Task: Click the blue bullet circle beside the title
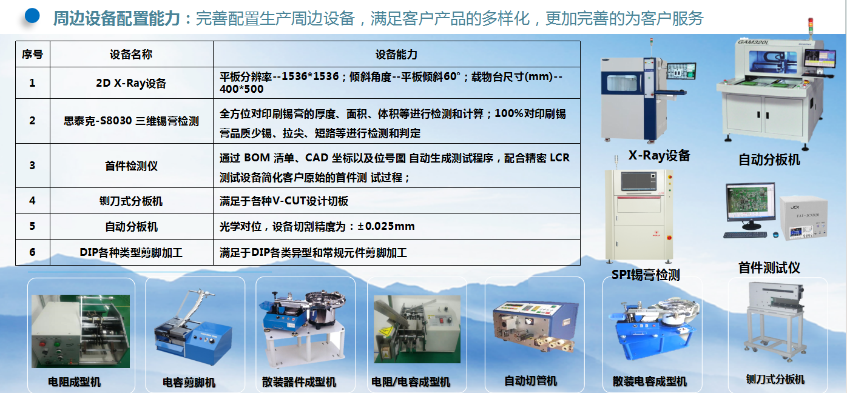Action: click(32, 16)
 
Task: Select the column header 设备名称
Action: click(131, 55)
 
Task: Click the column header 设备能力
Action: click(396, 55)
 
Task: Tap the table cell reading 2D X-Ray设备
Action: click(131, 83)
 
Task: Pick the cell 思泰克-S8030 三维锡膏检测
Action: click(131, 121)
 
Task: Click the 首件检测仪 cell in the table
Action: click(131, 166)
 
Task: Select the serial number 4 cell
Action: click(33, 201)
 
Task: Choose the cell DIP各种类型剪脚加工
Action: click(131, 252)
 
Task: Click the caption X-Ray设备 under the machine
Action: click(659, 155)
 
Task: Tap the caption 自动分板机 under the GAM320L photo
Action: click(769, 160)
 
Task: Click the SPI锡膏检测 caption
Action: click(646, 275)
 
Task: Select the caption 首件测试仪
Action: click(769, 267)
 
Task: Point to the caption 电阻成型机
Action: click(74, 382)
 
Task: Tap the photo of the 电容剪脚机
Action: click(193, 328)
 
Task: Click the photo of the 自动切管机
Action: click(535, 326)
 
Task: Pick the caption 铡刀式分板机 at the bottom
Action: click(775, 380)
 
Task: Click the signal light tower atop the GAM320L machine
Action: click(811, 27)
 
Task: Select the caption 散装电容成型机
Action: click(649, 381)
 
